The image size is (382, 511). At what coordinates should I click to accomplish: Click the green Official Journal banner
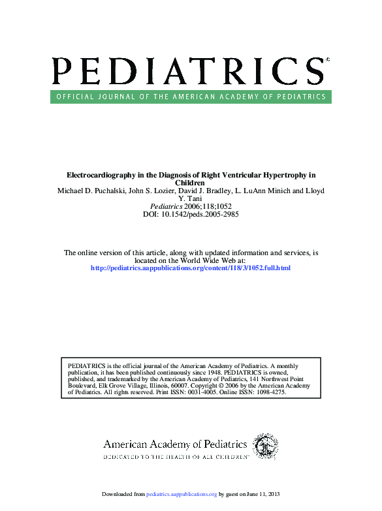coord(191,97)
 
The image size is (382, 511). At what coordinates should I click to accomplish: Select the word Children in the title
coord(191,183)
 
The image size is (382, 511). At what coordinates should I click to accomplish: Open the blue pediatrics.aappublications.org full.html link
coord(190,268)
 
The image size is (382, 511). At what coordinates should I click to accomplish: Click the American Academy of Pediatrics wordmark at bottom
coord(175,444)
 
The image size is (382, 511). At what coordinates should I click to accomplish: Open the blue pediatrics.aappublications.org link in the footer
coord(182,494)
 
